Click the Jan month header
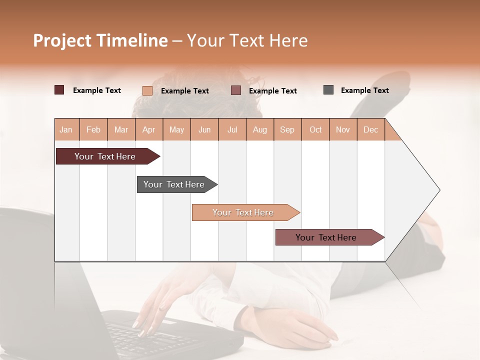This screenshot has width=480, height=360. click(66, 129)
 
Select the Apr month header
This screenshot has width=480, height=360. click(149, 129)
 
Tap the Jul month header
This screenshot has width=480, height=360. click(232, 129)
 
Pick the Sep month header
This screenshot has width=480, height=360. click(287, 129)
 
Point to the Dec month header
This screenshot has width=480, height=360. click(370, 129)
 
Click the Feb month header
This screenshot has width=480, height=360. click(93, 129)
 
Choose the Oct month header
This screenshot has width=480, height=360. click(315, 129)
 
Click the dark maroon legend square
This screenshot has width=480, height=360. click(59, 90)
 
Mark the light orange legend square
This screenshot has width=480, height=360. click(147, 90)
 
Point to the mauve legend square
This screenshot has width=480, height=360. click(236, 90)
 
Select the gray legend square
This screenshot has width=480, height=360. click(328, 90)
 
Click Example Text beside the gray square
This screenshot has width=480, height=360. click(364, 90)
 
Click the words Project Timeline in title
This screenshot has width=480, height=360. click(100, 40)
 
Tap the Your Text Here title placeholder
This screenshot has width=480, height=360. click(247, 40)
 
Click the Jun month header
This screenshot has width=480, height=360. click(204, 129)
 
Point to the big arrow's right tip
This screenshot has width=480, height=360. click(438, 190)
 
